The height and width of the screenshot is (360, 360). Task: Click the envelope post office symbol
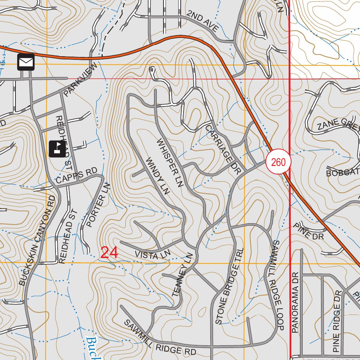point(26,62)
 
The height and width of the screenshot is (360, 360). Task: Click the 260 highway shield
point(278,162)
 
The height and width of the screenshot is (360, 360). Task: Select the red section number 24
point(109,253)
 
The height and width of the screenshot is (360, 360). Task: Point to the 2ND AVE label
point(203,21)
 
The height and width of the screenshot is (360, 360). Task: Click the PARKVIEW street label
point(80,80)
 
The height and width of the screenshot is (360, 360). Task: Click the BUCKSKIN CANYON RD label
point(38,240)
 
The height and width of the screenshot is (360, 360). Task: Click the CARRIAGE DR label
point(223,149)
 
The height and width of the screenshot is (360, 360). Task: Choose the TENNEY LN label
point(182,275)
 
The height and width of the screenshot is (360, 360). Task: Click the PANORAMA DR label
point(295,302)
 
